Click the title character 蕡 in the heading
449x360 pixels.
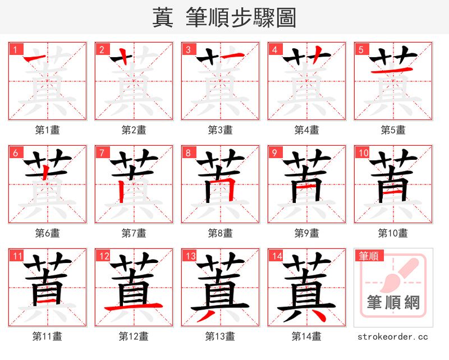[163, 18]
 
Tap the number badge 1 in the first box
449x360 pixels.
[15, 49]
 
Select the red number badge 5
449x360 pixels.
[361, 49]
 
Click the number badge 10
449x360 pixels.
[363, 153]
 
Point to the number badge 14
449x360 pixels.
[277, 256]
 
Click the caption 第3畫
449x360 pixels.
[220, 130]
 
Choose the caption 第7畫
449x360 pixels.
[134, 233]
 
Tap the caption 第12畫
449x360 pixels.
[134, 336]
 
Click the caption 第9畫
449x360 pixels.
[306, 233]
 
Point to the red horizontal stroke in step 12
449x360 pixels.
[134, 307]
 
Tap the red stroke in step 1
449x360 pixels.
[36, 59]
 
